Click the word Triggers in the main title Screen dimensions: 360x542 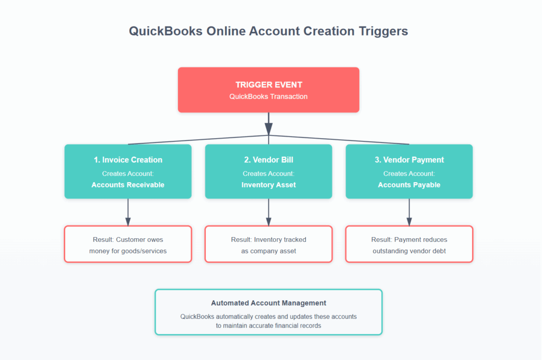click(383, 31)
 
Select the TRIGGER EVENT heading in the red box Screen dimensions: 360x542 click(268, 85)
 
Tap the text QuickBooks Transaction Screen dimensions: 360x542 click(268, 96)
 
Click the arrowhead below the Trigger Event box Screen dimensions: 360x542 click(268, 128)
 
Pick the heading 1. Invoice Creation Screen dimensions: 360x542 click(128, 160)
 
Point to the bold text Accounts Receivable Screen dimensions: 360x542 click(128, 185)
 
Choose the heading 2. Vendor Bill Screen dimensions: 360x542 click(268, 160)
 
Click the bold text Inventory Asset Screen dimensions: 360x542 click(268, 185)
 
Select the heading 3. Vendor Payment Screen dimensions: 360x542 click(409, 160)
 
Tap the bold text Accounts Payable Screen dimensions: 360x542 click(409, 185)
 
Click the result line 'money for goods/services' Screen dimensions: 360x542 click(128, 251)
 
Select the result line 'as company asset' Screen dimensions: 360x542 click(268, 251)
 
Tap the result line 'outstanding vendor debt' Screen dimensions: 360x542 click(409, 251)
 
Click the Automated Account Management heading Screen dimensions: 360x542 click(268, 303)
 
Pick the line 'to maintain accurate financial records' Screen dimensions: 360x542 click(268, 326)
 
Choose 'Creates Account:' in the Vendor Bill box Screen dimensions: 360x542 click(268, 174)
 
